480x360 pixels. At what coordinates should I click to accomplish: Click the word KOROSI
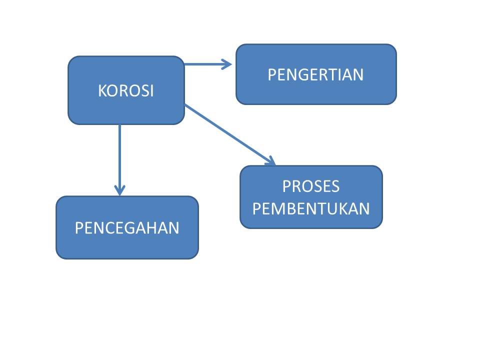[126, 91]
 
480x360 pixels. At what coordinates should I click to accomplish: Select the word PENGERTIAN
[315, 75]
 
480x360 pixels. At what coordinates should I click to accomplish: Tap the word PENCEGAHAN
[127, 228]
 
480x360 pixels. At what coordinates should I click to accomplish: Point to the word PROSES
[311, 186]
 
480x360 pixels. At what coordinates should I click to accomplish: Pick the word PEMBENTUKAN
[311, 208]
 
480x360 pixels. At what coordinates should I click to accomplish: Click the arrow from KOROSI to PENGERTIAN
[205, 64]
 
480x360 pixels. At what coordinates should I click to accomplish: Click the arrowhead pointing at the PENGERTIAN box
[227, 64]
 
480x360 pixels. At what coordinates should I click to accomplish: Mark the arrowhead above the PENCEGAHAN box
[119, 189]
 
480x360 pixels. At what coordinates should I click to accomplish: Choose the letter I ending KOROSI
[151, 91]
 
